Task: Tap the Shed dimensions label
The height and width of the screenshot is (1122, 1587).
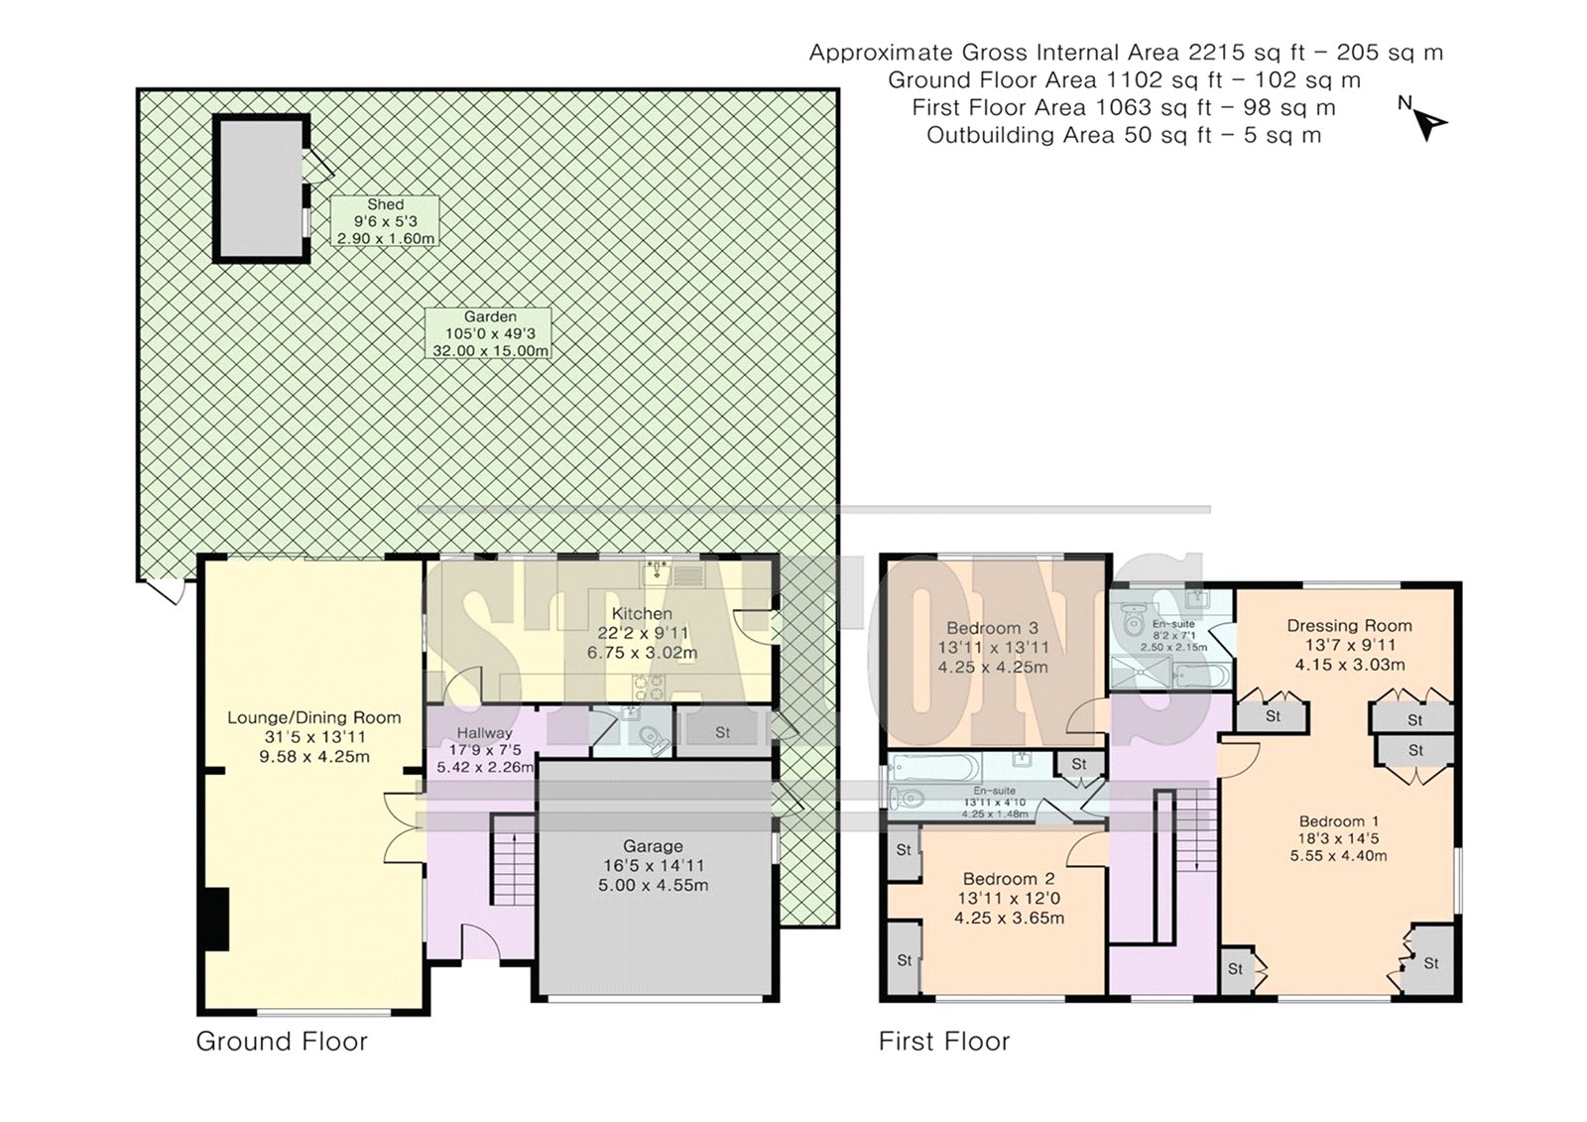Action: tap(386, 221)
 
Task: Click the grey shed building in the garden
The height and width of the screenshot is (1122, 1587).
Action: tap(262, 188)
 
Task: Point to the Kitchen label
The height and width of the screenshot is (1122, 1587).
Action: tap(642, 633)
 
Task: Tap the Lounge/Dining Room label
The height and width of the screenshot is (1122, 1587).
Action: tap(313, 736)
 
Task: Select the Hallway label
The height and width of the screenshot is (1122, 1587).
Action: tap(485, 750)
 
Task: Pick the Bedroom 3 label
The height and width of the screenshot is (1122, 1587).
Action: tap(993, 647)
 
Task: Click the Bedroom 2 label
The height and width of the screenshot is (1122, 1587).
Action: tap(1009, 899)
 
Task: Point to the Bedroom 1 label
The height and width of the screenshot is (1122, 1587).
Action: tap(1338, 838)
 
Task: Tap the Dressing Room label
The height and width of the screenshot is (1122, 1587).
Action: tap(1350, 645)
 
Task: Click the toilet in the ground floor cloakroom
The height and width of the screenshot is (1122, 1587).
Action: tap(653, 738)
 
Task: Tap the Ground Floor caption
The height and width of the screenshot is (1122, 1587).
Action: tap(282, 1042)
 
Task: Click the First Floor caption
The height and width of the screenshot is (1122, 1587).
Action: tap(943, 1042)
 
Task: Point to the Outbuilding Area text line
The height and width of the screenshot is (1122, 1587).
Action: tap(1124, 135)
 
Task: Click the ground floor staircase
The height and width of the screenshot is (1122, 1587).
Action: tap(514, 860)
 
